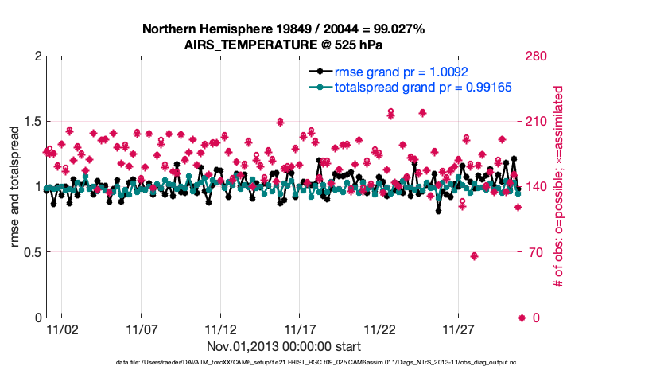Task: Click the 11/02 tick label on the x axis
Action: coord(62,329)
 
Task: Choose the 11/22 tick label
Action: coord(379,329)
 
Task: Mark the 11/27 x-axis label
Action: coord(459,329)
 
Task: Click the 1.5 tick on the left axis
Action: coord(29,122)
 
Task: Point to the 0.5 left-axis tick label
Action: coord(29,252)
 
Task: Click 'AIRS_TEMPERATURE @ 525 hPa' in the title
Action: coord(283,45)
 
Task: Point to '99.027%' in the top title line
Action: coord(396,29)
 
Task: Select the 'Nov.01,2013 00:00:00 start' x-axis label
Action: coord(283,346)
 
